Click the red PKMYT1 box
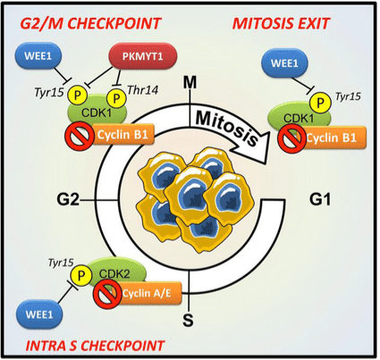tap(142, 56)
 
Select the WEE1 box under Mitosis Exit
tap(284, 63)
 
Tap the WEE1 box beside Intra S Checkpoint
tap(39, 314)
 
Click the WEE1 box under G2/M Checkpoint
tap(38, 55)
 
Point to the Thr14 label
tap(143, 90)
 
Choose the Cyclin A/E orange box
tap(147, 294)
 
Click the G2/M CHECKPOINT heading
tap(91, 24)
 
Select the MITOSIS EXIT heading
tap(281, 23)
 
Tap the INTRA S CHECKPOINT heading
tap(95, 346)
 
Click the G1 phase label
tap(320, 199)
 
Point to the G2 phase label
tap(68, 200)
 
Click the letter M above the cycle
tap(190, 82)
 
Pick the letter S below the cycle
tap(188, 321)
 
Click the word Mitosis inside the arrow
tap(227, 128)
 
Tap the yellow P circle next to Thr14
tap(116, 97)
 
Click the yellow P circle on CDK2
tap(80, 276)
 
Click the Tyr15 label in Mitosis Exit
tap(348, 96)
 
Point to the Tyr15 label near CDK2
tap(61, 263)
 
